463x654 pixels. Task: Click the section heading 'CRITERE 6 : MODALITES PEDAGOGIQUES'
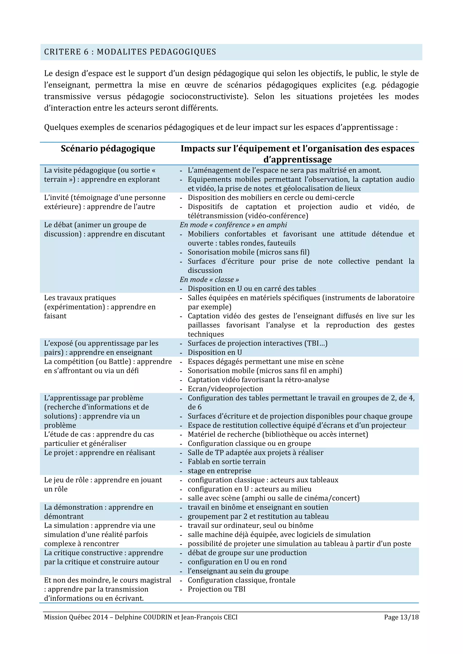click(x=130, y=52)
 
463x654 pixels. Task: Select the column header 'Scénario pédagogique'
click(x=108, y=148)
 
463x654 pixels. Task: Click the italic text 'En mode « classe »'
click(x=209, y=279)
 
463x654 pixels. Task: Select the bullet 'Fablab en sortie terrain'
click(x=226, y=462)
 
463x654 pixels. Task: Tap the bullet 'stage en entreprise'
click(x=219, y=471)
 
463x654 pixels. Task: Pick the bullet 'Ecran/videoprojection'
click(x=225, y=389)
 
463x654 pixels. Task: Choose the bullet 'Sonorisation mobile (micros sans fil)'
click(x=248, y=252)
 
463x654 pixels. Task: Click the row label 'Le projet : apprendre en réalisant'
click(x=99, y=453)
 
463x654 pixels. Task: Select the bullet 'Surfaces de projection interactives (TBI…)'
click(x=257, y=343)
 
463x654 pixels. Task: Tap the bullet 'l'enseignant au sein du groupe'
click(x=238, y=571)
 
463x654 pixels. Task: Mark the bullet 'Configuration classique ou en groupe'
click(x=249, y=444)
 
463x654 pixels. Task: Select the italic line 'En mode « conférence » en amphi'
click(x=233, y=225)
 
